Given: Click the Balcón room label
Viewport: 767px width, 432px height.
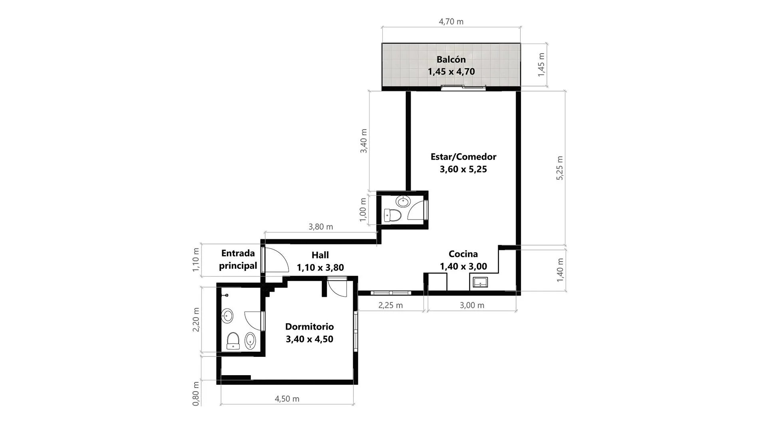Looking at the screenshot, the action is pyautogui.click(x=451, y=60).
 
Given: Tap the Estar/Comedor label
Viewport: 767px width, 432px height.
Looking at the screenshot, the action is pyautogui.click(x=463, y=157).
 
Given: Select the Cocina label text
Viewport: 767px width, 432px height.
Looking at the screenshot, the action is pyautogui.click(x=463, y=254).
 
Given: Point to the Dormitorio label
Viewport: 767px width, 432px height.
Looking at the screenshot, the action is pyautogui.click(x=310, y=326).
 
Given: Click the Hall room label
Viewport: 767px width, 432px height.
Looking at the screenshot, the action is pyautogui.click(x=320, y=255).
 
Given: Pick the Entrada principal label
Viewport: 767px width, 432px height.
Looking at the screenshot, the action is pyautogui.click(x=238, y=259).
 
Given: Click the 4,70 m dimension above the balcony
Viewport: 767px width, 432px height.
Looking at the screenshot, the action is pyautogui.click(x=451, y=22).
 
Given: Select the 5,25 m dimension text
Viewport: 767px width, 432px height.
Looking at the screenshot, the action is pyautogui.click(x=560, y=168).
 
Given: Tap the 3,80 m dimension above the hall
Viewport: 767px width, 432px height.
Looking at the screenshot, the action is pyautogui.click(x=321, y=227).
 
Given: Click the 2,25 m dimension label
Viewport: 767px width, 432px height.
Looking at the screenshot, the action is pyautogui.click(x=391, y=305).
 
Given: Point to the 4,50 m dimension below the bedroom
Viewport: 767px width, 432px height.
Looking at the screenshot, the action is pyautogui.click(x=287, y=399).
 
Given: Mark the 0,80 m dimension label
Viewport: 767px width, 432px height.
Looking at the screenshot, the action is pyautogui.click(x=196, y=394).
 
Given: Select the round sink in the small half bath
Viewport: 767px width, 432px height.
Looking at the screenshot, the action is pyautogui.click(x=403, y=201).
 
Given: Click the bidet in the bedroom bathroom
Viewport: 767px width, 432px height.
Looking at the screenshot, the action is pyautogui.click(x=250, y=341).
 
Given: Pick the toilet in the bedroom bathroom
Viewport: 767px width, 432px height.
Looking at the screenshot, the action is pyautogui.click(x=233, y=341).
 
